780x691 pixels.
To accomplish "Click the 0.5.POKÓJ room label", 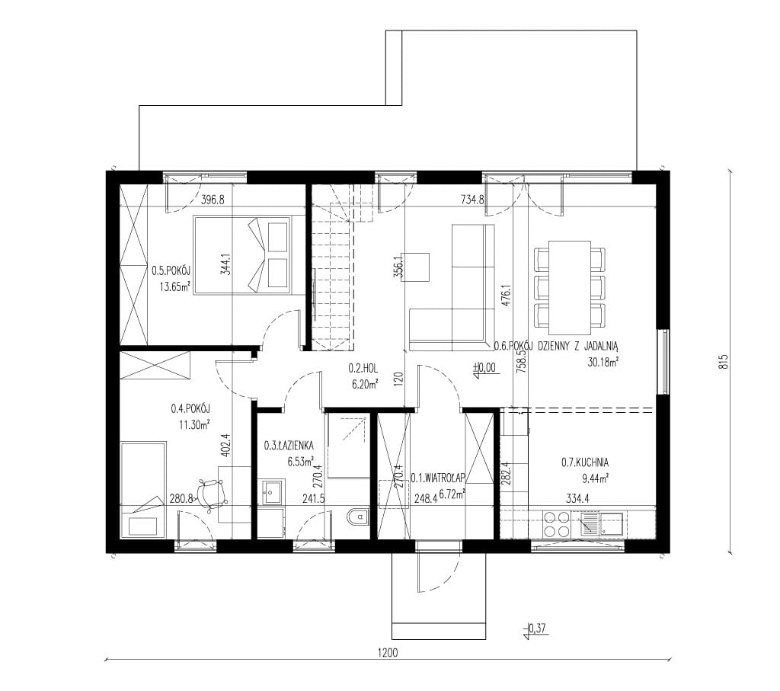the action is (x=171, y=270).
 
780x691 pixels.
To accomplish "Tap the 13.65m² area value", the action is (x=175, y=286).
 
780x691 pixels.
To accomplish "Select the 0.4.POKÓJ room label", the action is (x=190, y=408).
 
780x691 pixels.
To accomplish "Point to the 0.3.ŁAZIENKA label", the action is (x=289, y=445).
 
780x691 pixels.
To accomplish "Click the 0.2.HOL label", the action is (x=363, y=369).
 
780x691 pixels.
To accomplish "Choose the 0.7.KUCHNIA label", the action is (x=585, y=462).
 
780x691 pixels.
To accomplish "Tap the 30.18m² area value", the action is (x=603, y=362).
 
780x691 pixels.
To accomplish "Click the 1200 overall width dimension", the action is (x=388, y=653).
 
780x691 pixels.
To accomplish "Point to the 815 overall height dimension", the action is (x=724, y=361).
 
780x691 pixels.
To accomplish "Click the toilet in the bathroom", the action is (x=358, y=517).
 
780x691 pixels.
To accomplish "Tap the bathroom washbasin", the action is (x=271, y=492).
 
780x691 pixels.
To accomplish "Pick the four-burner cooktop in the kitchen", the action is (x=556, y=524).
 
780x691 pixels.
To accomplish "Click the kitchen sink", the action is (x=603, y=524).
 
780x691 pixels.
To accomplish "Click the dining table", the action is (x=570, y=287).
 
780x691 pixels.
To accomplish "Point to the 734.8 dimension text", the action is (x=472, y=200).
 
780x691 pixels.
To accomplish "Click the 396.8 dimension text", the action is (x=213, y=200).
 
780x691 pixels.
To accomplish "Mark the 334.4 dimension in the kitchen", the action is (x=577, y=498).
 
